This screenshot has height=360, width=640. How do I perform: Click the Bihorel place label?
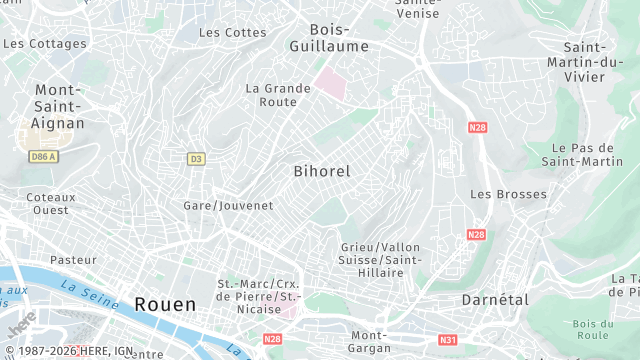click(322, 171)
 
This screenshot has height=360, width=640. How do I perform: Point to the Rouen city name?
click(165, 303)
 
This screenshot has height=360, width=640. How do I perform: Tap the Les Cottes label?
click(233, 32)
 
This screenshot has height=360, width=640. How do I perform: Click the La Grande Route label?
click(271, 95)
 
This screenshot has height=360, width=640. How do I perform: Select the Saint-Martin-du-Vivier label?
click(598, 62)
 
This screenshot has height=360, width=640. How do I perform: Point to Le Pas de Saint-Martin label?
click(582, 154)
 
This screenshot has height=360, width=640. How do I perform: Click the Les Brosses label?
click(508, 194)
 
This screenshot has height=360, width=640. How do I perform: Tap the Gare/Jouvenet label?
click(229, 205)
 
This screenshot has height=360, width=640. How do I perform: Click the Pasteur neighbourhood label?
click(73, 260)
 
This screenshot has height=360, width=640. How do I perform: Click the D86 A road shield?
click(43, 157)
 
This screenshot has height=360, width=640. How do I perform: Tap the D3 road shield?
click(196, 158)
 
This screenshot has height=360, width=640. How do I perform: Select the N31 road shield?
click(448, 340)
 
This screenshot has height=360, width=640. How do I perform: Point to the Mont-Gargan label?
click(369, 342)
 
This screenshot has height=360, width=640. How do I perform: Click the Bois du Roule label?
click(593, 329)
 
